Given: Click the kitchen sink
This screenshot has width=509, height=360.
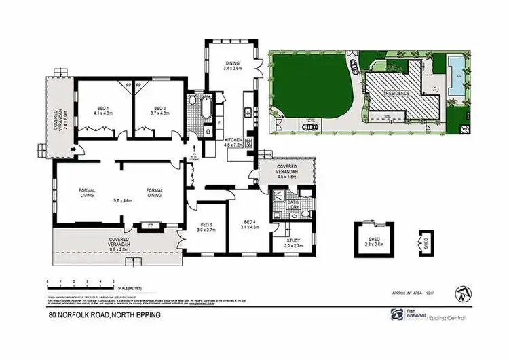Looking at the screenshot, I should coord(249,111).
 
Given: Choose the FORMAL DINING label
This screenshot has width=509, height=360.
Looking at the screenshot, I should coord(157,192).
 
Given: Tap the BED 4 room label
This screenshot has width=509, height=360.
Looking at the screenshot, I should coord(250,224).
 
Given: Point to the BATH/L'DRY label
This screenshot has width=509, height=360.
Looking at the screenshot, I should coord(293,204).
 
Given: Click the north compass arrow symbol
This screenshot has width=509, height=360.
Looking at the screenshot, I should coord(463,293).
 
